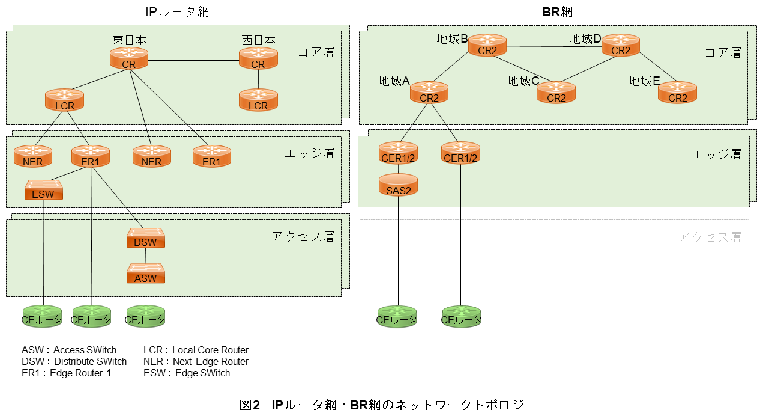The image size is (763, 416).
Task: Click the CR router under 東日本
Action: (129, 59)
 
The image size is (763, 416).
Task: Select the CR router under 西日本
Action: (258, 59)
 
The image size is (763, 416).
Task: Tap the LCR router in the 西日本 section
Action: (258, 100)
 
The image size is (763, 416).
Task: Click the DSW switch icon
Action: (145, 238)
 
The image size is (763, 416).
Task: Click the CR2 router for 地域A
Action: (429, 93)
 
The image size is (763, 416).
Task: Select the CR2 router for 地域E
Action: (677, 93)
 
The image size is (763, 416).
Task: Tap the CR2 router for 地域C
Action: (556, 93)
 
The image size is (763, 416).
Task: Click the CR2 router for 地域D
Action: (621, 46)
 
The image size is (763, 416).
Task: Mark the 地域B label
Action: (452, 39)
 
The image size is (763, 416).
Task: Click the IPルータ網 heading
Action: (178, 11)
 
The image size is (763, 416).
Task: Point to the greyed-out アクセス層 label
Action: (710, 237)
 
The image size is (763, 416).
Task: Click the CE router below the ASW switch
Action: (145, 316)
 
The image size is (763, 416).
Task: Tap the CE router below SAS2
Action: (396, 316)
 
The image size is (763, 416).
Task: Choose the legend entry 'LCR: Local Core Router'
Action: (196, 350)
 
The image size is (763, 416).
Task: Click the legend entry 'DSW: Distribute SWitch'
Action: (74, 361)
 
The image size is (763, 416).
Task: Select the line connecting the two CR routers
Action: (193, 60)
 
